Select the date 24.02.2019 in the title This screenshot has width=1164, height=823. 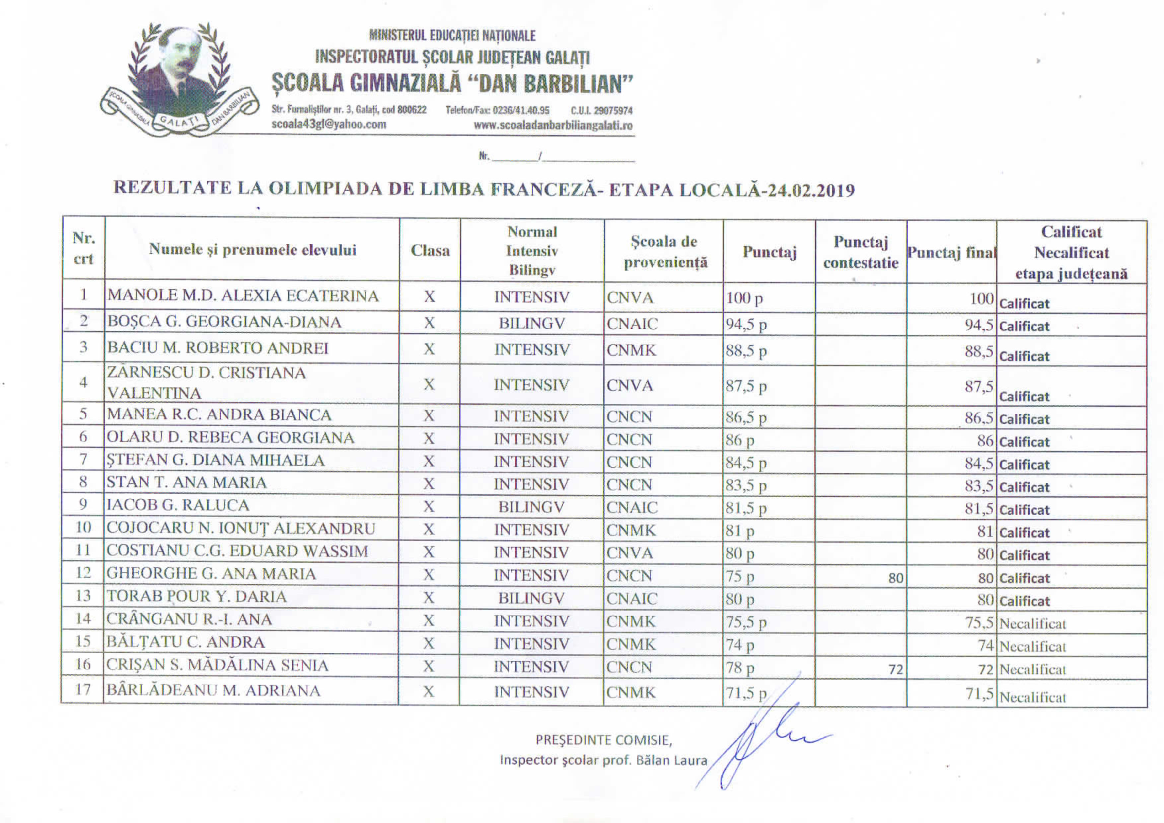point(811,190)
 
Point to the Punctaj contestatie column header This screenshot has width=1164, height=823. point(860,252)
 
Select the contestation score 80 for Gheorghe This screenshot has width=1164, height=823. point(895,578)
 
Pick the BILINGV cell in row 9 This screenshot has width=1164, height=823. point(531,507)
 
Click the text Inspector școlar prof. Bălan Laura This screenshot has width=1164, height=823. point(603,760)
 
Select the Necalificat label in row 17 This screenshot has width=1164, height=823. point(1032,697)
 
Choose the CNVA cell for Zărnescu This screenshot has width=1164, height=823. point(630,386)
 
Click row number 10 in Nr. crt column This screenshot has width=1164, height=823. point(83,528)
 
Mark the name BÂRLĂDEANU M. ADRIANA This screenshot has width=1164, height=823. point(213,691)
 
